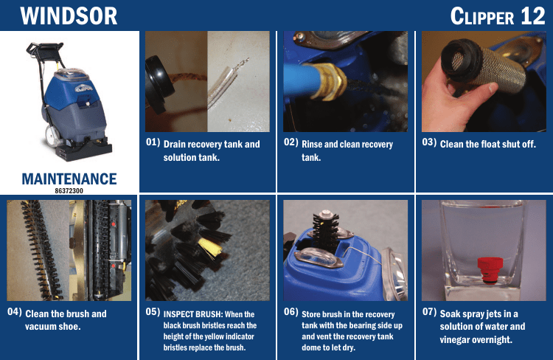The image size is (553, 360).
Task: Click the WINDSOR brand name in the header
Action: [x=69, y=16]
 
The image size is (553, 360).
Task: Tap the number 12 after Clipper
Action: [x=533, y=16]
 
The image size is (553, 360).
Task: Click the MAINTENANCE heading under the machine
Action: [x=69, y=179]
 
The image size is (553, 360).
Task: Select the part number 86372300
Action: [x=69, y=191]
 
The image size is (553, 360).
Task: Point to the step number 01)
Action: [x=153, y=142]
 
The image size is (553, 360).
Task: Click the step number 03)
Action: [x=430, y=142]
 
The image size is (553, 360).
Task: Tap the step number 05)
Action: [x=153, y=311]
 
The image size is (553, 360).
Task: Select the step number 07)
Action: [x=430, y=311]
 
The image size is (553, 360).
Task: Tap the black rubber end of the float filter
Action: [x=462, y=60]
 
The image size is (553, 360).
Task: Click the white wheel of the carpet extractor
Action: [x=52, y=136]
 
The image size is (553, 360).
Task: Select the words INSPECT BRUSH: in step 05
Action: [x=193, y=314]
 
